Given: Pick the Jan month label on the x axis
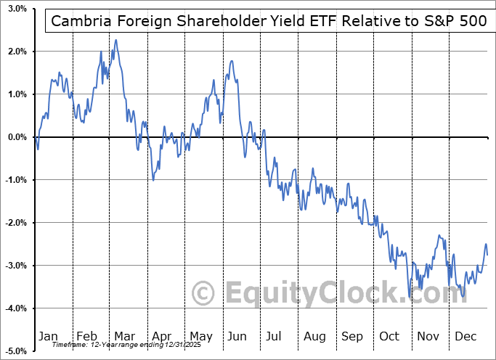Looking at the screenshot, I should [x=48, y=337].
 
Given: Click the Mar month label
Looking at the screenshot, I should [x=123, y=337].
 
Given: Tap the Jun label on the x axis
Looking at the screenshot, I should [x=237, y=337].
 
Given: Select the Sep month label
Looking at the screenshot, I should [x=352, y=337].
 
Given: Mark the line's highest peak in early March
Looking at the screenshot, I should [x=115, y=40].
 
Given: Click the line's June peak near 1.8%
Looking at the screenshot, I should [x=231, y=61].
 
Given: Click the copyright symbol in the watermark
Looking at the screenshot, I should [x=203, y=293].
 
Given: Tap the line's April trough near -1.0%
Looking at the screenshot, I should [x=153, y=180].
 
